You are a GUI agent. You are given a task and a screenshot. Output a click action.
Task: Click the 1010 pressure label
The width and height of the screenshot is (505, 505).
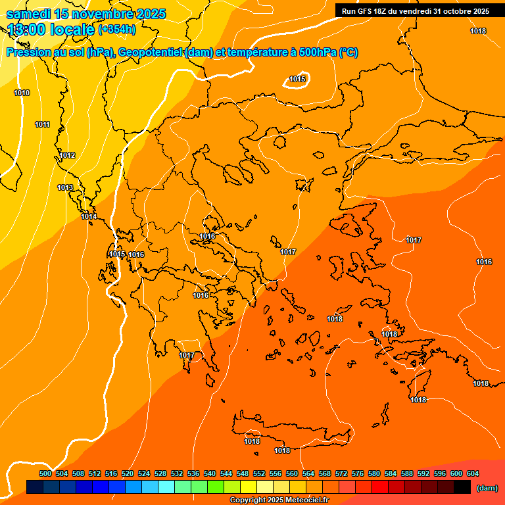[x=22, y=93]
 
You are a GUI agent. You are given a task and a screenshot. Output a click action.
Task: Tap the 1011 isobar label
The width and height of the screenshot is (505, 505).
[x=42, y=124]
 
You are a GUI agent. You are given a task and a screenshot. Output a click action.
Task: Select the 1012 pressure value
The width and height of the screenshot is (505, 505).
[x=67, y=156]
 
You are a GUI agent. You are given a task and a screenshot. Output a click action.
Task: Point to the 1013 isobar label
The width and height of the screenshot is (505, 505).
[x=65, y=187]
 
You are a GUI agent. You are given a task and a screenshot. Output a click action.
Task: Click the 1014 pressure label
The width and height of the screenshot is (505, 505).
[x=89, y=216]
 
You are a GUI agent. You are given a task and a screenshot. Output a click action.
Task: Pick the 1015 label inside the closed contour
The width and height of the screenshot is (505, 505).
[x=297, y=80]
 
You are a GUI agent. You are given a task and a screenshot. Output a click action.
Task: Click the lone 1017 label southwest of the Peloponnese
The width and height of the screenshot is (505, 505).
[x=187, y=356]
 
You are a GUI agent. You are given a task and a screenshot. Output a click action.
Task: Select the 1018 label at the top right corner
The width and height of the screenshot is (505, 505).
[x=478, y=31]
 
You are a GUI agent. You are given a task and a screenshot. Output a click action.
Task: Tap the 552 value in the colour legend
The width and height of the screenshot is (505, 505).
[x=259, y=473]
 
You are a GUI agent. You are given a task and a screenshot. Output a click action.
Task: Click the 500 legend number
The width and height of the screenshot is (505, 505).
[x=45, y=473]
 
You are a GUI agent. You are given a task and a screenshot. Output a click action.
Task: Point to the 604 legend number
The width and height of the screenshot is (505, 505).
[x=473, y=473]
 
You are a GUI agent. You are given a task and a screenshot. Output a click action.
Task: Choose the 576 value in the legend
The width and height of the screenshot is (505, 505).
[x=358, y=473]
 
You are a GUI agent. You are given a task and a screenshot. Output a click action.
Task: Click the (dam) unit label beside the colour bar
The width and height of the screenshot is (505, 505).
[x=487, y=488]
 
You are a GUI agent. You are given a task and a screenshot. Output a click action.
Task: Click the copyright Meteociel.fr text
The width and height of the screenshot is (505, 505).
[x=279, y=500]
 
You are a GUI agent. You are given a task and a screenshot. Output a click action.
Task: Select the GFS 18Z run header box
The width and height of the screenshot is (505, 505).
[x=415, y=11]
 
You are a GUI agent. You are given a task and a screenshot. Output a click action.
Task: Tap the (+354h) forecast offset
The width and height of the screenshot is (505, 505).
[x=117, y=29]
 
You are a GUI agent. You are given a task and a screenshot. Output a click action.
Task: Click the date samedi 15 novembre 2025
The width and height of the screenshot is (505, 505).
[x=85, y=14]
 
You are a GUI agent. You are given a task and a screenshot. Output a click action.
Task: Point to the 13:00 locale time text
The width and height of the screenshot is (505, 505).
[x=51, y=30]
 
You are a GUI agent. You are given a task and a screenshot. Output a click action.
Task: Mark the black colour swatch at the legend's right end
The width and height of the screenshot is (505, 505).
[x=462, y=487]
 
